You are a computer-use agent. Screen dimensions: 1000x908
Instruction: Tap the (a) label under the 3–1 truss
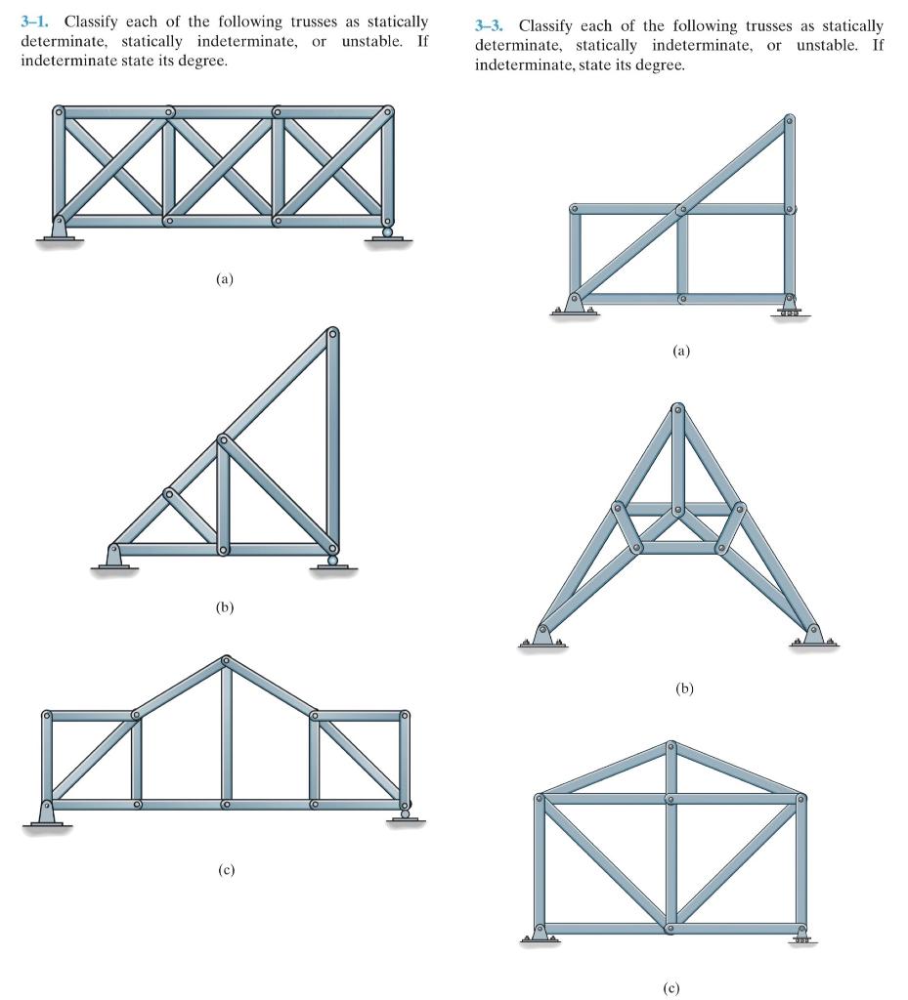click(x=225, y=278)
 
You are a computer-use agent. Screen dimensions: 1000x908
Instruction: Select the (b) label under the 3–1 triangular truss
click(x=225, y=606)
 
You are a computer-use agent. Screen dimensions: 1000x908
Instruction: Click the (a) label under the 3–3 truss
click(x=681, y=351)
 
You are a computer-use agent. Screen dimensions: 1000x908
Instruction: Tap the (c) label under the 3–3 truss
click(x=670, y=986)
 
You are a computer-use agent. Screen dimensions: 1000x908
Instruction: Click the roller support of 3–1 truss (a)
click(x=388, y=232)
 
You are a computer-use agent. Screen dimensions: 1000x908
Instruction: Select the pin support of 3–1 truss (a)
click(x=59, y=229)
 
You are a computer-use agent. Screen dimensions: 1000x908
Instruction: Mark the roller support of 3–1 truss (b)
click(x=333, y=560)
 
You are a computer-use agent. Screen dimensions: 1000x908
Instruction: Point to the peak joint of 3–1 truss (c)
click(x=227, y=661)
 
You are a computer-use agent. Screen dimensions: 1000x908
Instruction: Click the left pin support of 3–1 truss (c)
click(x=45, y=812)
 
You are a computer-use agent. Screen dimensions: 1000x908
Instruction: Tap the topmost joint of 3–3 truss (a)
click(x=790, y=121)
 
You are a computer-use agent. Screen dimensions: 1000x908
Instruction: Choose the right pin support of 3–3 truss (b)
click(x=812, y=635)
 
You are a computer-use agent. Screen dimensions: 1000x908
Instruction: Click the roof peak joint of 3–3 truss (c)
click(x=670, y=747)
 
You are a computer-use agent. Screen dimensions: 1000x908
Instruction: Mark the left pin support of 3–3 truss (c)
click(x=540, y=935)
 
